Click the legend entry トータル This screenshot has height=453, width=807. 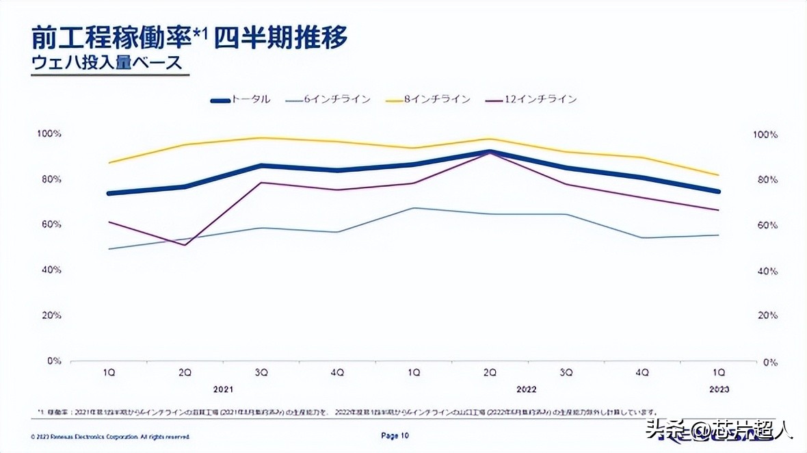click(241, 100)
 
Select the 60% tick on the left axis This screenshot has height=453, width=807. click(52, 224)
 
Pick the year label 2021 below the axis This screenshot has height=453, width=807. click(224, 389)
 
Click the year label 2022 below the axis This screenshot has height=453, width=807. click(526, 389)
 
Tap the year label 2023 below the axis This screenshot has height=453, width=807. click(719, 389)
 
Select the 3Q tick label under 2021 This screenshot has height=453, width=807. click(261, 372)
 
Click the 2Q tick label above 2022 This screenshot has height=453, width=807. click(489, 372)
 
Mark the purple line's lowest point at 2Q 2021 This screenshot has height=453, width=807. click(185, 245)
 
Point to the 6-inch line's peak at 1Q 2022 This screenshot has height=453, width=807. click(413, 208)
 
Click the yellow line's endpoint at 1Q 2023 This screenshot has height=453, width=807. click(719, 175)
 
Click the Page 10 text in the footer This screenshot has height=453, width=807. click(395, 435)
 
